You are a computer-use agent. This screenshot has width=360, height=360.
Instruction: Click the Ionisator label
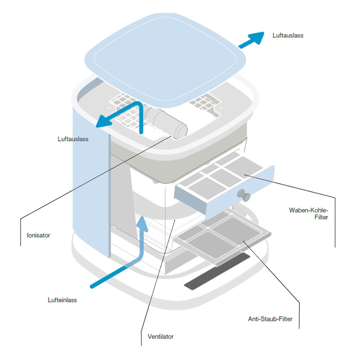pos(38,235)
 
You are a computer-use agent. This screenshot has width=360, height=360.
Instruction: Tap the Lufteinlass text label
pos(62,300)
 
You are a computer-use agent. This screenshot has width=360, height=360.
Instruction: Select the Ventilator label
pos(160,336)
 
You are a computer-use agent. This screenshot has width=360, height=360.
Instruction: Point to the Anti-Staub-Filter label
pos(270,319)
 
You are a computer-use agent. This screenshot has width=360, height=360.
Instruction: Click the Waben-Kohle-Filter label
pos(309,214)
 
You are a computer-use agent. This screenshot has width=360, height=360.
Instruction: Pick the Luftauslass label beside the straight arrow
pos(288,35)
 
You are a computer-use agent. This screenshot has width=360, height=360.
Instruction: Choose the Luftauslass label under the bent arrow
pos(73,139)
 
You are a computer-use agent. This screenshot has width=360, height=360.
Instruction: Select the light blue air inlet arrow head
pos(142,223)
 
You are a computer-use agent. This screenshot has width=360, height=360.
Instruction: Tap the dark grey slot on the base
pos(217,272)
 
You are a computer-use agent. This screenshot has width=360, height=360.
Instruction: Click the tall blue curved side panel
pos(90,180)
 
